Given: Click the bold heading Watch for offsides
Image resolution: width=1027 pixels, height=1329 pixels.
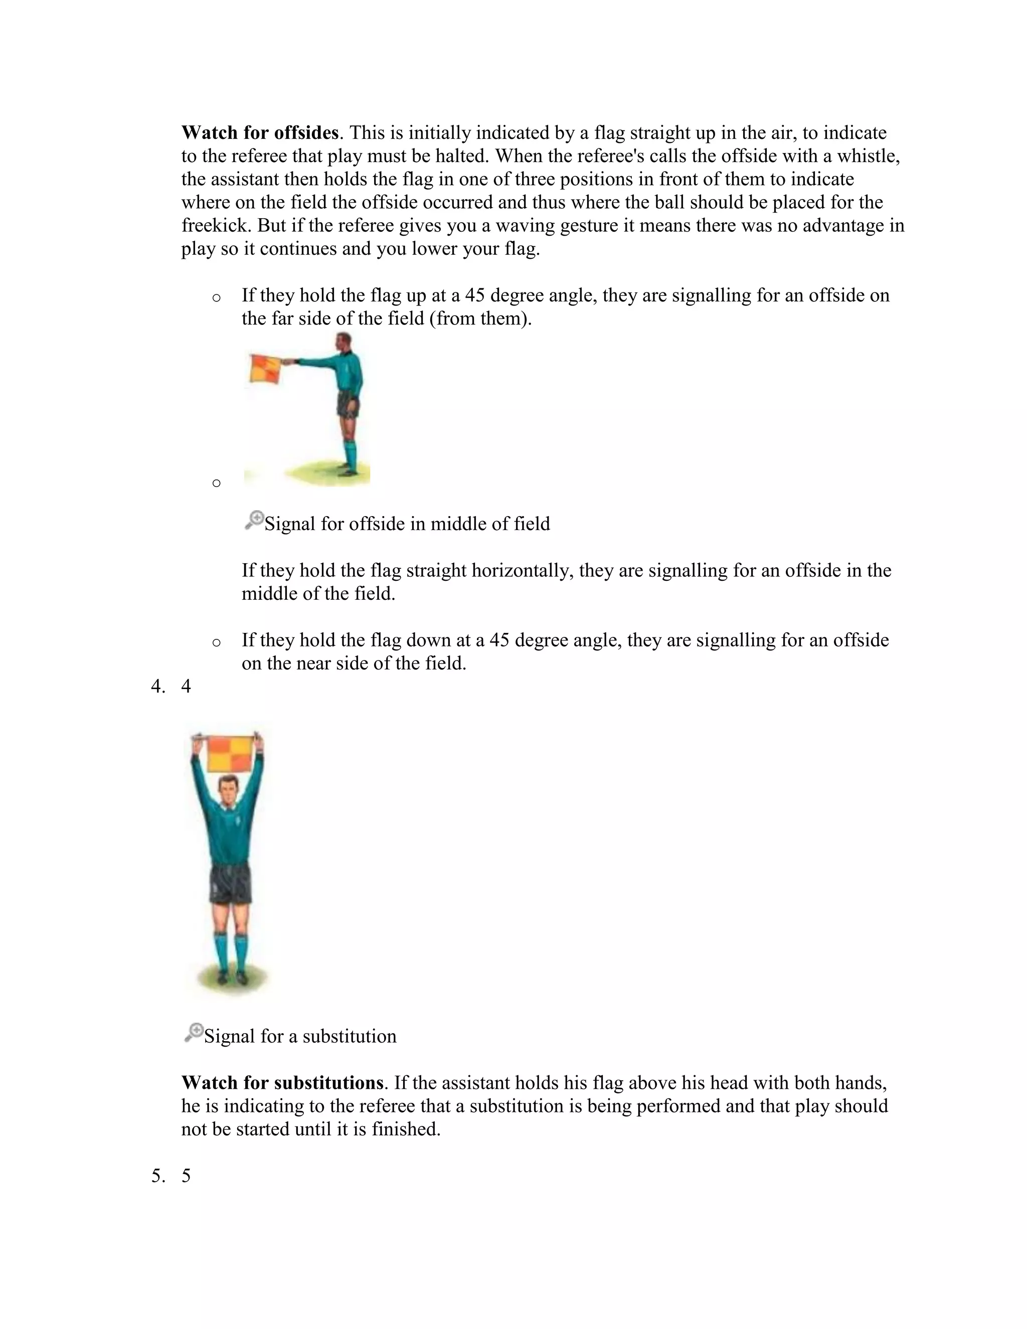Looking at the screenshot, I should (260, 133).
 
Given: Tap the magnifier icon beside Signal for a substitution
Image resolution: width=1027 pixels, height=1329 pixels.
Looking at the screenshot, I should (194, 1033).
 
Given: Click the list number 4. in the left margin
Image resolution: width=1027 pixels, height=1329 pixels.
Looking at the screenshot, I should (157, 687).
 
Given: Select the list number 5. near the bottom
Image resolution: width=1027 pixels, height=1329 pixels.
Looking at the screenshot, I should (157, 1176).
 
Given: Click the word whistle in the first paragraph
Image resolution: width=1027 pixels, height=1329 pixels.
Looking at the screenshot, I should (867, 156).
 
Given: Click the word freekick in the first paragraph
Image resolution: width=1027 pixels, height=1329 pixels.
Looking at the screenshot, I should (217, 226).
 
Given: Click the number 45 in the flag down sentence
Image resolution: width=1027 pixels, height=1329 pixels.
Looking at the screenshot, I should (498, 640).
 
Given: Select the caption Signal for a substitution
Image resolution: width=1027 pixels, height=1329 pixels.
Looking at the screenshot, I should (300, 1036).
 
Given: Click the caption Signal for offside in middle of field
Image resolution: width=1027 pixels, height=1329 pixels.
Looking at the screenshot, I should (406, 524).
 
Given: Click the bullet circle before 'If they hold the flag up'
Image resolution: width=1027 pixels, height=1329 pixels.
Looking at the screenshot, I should (216, 298).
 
